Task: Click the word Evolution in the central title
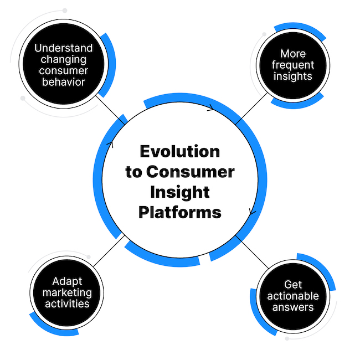click(x=180, y=152)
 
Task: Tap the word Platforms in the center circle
click(x=180, y=212)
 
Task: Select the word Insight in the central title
click(x=180, y=192)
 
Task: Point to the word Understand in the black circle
click(x=63, y=48)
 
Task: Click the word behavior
click(x=63, y=82)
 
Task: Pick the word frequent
click(x=293, y=65)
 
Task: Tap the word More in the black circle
click(x=293, y=54)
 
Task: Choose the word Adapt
click(x=67, y=281)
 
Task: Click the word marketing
click(x=67, y=293)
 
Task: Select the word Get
click(x=293, y=285)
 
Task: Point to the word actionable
click(x=293, y=296)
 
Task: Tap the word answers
click(x=293, y=307)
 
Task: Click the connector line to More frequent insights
click(x=251, y=109)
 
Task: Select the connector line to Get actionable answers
click(x=252, y=252)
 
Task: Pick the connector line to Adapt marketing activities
click(x=109, y=251)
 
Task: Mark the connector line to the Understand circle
click(x=110, y=110)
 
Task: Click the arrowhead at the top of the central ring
click(x=211, y=107)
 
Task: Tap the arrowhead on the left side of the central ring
click(x=110, y=145)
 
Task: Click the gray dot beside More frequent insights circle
click(x=264, y=34)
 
